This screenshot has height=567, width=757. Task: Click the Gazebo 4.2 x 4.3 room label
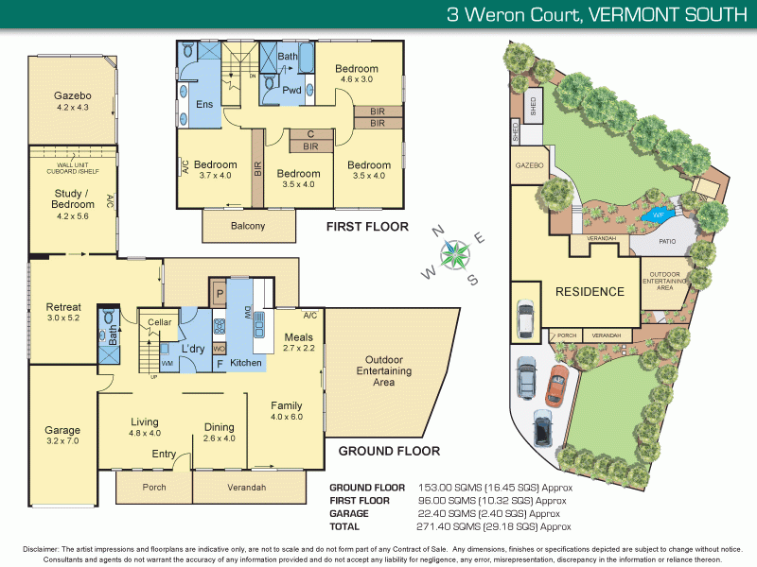[x=72, y=102]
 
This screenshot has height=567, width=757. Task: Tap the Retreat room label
[x=63, y=313]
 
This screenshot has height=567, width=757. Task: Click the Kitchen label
[x=246, y=362]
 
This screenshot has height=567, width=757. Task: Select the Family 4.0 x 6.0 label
[x=286, y=411]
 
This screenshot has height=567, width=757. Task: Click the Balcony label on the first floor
[x=248, y=226]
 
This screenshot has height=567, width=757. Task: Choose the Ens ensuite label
[x=203, y=104]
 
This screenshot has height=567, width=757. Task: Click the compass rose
[x=455, y=253]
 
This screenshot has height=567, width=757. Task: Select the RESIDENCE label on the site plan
[x=589, y=291]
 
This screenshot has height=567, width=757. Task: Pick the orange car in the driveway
[x=555, y=389]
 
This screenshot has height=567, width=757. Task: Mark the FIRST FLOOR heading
[x=366, y=227]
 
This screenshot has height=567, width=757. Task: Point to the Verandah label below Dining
[x=247, y=488]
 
